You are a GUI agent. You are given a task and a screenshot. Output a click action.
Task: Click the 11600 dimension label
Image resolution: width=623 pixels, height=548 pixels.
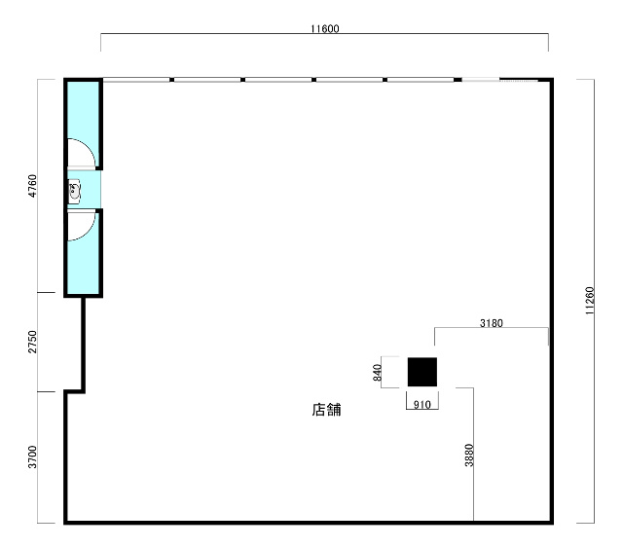tap(324, 28)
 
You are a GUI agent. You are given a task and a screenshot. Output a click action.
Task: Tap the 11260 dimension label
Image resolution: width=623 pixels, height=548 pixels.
tap(590, 301)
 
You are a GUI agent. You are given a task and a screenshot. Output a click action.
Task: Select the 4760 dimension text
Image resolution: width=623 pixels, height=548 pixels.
tap(32, 186)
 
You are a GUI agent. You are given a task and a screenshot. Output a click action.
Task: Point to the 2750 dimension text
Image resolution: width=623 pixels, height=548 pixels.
tap(32, 342)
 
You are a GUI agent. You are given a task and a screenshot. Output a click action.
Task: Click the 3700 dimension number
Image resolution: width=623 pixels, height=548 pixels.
tap(32, 457)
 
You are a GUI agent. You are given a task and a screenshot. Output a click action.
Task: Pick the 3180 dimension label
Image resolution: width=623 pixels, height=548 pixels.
tap(491, 323)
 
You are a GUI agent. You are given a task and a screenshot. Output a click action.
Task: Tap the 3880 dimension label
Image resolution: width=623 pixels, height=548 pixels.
tap(469, 455)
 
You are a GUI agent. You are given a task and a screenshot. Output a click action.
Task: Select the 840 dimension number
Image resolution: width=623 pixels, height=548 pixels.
tap(377, 373)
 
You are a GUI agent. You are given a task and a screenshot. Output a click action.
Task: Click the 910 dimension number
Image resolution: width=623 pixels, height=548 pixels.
tap(421, 405)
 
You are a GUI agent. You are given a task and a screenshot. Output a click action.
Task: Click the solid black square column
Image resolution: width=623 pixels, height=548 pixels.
tap(422, 372)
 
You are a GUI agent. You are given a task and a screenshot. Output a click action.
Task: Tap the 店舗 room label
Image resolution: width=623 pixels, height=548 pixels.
tap(326, 410)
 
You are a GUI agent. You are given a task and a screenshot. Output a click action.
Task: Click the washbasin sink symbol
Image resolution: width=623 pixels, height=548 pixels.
tap(74, 192)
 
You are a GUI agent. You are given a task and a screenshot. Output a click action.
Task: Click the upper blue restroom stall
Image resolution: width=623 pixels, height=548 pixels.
tap(83, 124)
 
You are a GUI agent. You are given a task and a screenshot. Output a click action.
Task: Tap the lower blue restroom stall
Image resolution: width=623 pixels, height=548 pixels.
tap(83, 253)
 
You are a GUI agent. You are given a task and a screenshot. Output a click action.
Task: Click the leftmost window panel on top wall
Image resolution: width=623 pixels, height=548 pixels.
tap(136, 80)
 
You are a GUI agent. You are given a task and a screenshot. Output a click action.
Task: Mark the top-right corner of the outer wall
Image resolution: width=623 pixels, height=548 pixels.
tap(552, 80)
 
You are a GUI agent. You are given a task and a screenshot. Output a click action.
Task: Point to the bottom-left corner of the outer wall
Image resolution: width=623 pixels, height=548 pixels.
tap(65, 523)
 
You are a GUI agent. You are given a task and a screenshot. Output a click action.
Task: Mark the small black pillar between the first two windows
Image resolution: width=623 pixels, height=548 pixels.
tap(171, 80)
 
